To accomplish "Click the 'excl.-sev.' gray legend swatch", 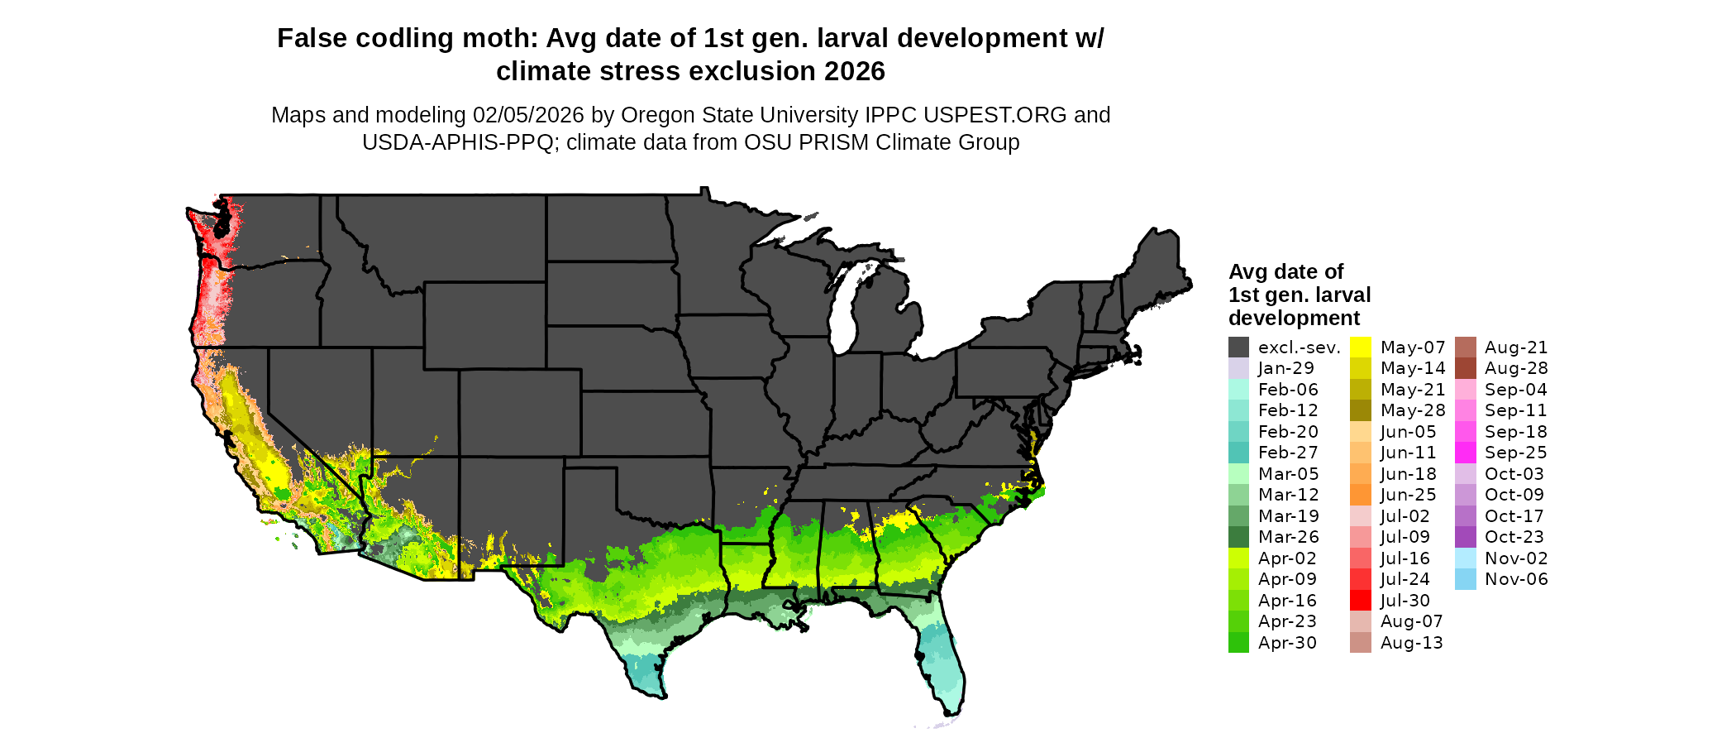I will click(1238, 347).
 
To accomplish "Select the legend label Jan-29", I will click(1285, 368).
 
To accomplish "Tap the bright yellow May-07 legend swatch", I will click(1360, 347).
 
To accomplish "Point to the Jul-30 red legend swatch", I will click(1360, 601).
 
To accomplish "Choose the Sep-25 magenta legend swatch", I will click(1465, 453).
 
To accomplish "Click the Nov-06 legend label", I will click(1516, 579).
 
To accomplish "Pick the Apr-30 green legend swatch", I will click(1238, 643).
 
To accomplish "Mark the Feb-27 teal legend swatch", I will click(1238, 453).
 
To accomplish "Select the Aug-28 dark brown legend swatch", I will click(1465, 368).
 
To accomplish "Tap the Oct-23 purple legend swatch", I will click(1465, 537).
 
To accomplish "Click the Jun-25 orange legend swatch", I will click(1360, 495).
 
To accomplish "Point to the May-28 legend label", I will click(1413, 410).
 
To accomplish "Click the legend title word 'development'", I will click(1294, 319).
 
